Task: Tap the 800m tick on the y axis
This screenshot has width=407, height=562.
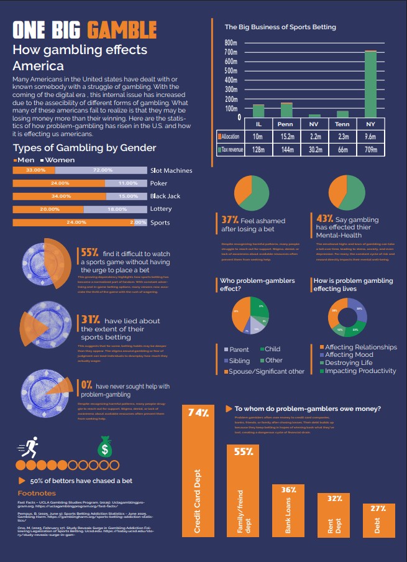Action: (231, 43)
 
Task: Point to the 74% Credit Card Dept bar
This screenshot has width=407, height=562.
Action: (198, 472)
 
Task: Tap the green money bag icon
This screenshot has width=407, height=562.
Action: (104, 447)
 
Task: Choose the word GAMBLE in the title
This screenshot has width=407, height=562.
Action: (122, 30)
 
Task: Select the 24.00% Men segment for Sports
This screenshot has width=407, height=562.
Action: (75, 223)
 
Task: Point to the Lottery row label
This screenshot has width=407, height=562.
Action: (161, 210)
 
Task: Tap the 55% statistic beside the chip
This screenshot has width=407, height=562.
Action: (89, 252)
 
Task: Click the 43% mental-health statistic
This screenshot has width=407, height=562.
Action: (324, 219)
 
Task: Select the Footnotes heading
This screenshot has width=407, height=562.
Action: (37, 493)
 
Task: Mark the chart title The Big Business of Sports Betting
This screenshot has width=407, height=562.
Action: (280, 27)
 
